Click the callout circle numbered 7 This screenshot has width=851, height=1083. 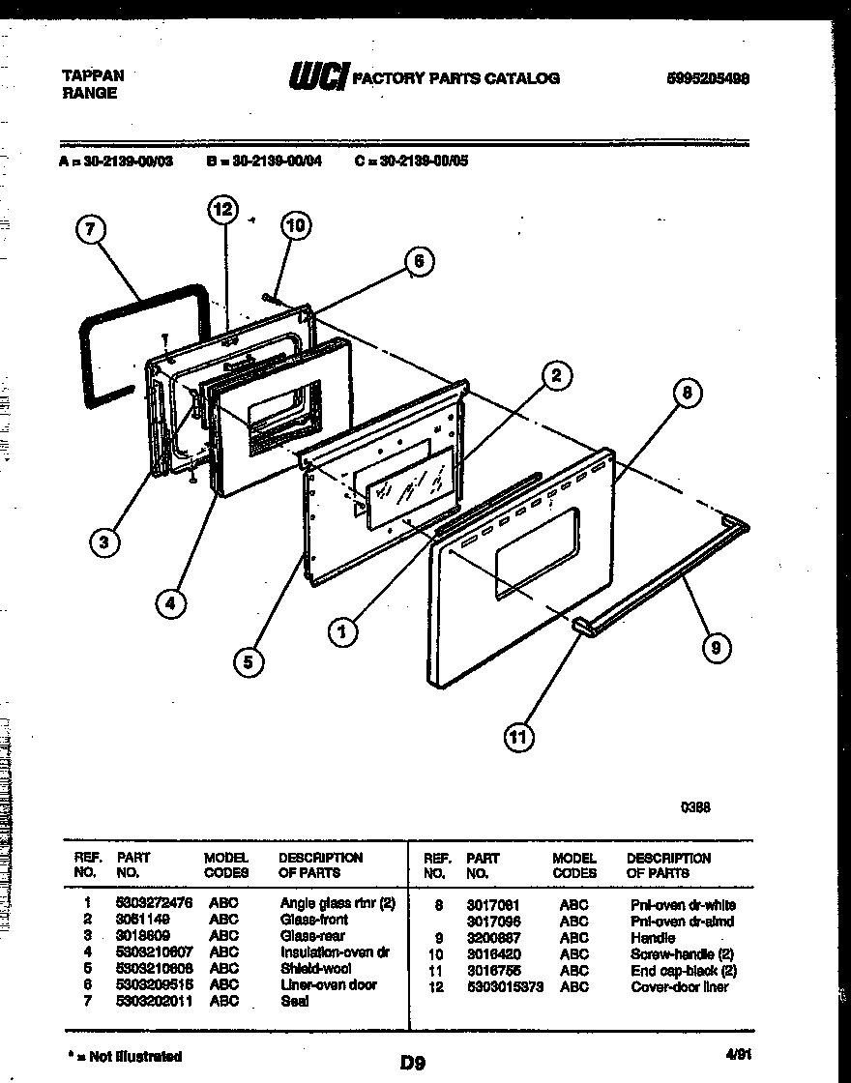click(89, 230)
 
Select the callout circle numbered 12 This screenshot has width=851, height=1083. click(222, 209)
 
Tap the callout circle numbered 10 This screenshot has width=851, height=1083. click(296, 225)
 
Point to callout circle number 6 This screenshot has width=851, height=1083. click(418, 260)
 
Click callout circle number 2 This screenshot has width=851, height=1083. click(555, 375)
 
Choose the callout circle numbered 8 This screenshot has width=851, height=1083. click(687, 393)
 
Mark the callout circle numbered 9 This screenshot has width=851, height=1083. click(715, 647)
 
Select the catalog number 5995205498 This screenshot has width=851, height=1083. click(708, 78)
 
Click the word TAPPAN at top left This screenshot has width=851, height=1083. click(93, 74)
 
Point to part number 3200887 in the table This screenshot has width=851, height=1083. click(493, 938)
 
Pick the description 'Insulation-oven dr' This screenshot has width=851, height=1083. click(334, 952)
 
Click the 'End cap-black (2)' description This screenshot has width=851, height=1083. click(684, 970)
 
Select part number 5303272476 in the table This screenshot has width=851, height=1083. click(155, 904)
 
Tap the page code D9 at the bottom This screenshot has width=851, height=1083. click(413, 1063)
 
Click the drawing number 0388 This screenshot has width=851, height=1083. click(695, 807)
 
